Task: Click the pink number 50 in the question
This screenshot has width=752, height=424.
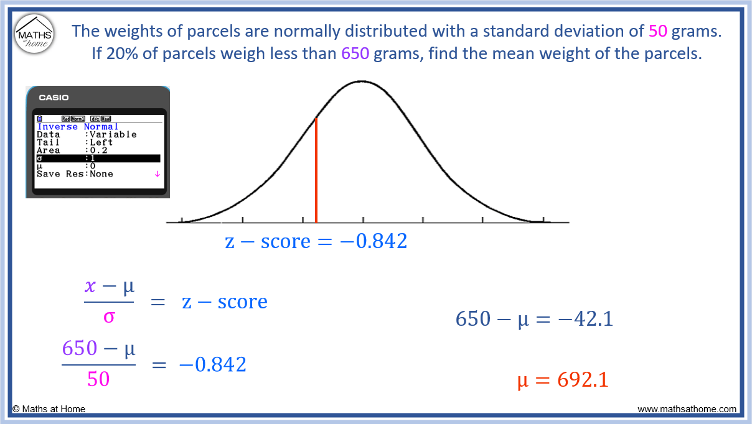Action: point(657,31)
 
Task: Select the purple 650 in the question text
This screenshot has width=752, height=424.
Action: point(355,53)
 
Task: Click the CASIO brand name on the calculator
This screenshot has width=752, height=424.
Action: point(54,98)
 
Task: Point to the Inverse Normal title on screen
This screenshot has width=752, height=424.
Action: point(77,127)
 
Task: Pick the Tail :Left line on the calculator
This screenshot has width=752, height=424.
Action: point(75,142)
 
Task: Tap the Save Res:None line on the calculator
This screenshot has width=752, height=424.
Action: point(75,174)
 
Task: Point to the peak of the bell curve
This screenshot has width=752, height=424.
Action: point(361,81)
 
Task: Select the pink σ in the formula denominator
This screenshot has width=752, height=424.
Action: point(109,316)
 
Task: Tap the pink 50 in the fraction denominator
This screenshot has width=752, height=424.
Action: point(98,379)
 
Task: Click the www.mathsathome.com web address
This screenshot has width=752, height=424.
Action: point(687,409)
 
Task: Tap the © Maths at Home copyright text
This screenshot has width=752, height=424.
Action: point(49,409)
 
